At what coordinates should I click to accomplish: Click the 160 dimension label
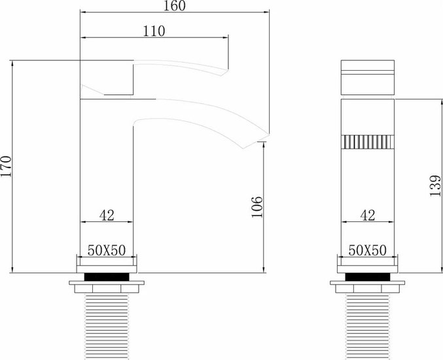point(175,6)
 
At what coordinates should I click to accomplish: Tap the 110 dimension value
point(154,31)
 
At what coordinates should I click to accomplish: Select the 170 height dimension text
point(6,166)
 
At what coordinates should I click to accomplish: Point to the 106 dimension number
point(257,207)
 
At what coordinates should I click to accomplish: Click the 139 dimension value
point(435,186)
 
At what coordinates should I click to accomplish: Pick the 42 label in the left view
point(107,215)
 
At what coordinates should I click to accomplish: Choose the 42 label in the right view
point(368,215)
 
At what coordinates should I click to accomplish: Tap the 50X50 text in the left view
point(107,250)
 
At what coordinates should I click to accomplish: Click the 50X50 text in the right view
point(367,250)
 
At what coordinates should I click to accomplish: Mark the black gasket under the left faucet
point(107,277)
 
